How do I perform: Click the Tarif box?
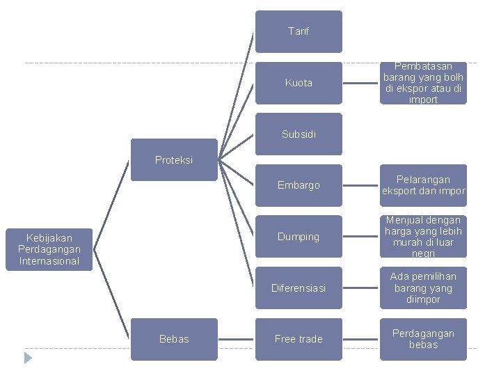point(299,31)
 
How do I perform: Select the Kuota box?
point(299,83)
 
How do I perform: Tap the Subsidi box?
point(299,134)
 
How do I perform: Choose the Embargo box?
point(299,185)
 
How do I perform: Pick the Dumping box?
point(299,237)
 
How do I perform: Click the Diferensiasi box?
point(299,288)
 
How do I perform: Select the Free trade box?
point(299,339)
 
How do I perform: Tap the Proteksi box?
point(174,160)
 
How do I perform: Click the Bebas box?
point(174,339)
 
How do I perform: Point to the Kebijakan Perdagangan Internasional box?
point(49,249)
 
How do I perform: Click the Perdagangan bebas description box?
point(423,339)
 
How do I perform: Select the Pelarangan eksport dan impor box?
point(423,185)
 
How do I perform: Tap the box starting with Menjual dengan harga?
point(423,237)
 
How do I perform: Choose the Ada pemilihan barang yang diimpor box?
point(423,288)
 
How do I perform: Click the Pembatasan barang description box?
point(423,83)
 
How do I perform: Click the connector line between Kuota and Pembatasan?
point(361,83)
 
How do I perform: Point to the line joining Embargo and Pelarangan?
point(361,185)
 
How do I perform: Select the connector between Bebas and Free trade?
point(237,339)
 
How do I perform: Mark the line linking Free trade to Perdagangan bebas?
point(361,339)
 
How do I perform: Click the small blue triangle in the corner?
point(28,358)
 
